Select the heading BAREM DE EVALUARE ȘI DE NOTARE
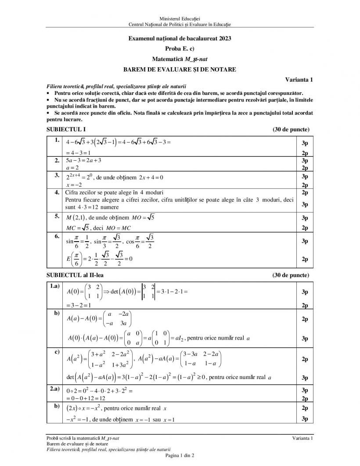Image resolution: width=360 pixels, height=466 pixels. [x=180, y=69]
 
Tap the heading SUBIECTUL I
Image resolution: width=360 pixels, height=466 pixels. [x=66, y=130]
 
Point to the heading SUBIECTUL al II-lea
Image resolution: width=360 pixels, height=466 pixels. [x=75, y=275]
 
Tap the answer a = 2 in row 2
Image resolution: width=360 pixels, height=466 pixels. [x=72, y=168]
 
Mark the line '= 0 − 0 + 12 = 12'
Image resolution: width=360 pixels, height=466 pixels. [x=86, y=398]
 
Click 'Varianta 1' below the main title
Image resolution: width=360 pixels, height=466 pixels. [x=299, y=79]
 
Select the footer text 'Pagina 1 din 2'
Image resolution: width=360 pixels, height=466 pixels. [x=180, y=455]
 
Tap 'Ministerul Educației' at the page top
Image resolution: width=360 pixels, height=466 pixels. [x=180, y=18]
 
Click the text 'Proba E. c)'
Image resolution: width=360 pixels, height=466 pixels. [x=180, y=48]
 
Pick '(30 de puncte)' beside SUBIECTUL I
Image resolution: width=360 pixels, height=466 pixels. [x=291, y=130]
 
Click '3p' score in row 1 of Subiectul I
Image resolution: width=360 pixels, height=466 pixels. [x=305, y=143]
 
